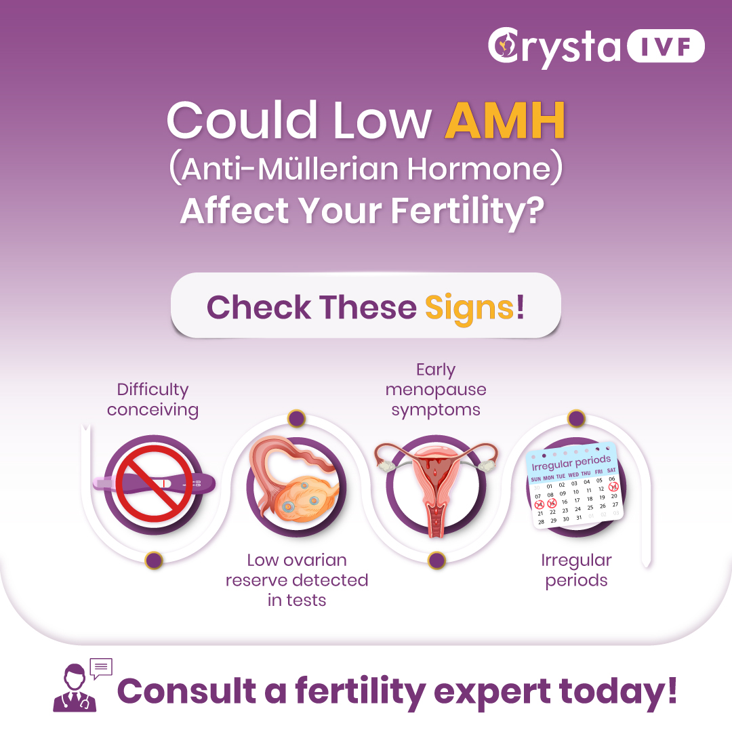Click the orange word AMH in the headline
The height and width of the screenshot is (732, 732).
tap(506, 121)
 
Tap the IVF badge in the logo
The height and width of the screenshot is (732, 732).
tap(665, 47)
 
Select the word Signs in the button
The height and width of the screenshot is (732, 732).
tap(469, 306)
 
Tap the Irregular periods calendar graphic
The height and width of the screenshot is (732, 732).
tap(575, 485)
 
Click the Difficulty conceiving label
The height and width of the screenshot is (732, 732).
tap(152, 399)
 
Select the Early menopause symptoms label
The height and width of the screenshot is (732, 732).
tap(436, 390)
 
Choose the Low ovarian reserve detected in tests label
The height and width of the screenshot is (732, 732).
tap(297, 580)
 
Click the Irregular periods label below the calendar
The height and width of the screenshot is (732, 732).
tap(576, 571)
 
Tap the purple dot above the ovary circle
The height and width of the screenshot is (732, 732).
tap(296, 418)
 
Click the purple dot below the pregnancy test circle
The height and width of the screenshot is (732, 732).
tap(155, 560)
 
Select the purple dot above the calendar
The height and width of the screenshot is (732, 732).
tap(576, 418)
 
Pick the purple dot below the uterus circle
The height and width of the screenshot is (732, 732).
tap(437, 560)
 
